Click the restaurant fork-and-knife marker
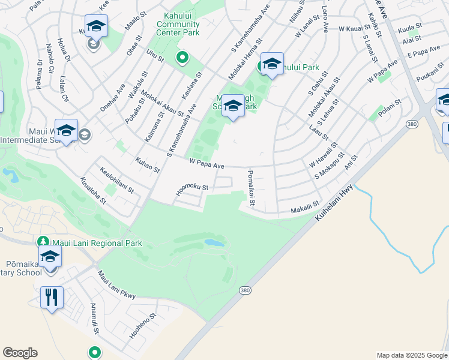52,296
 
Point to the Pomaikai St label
250,187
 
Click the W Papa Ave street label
206,163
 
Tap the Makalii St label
305,208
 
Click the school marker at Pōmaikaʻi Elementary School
50,257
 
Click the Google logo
20,353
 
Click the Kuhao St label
148,166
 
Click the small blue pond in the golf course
213,243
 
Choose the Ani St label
351,163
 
